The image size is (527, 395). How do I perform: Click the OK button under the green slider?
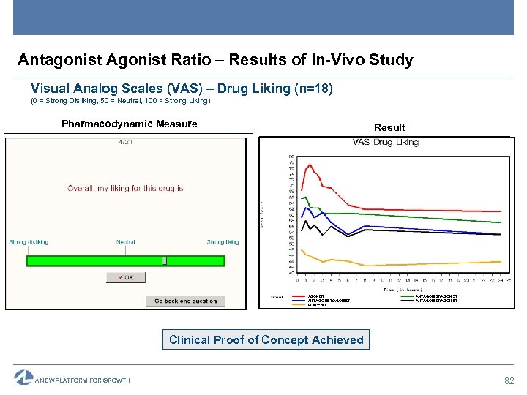pyautogui.click(x=125, y=277)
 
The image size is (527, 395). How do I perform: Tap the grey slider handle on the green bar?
pyautogui.click(x=165, y=260)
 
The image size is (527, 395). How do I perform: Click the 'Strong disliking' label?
pyautogui.click(x=29, y=242)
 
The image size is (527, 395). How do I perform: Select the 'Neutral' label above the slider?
pyautogui.click(x=125, y=242)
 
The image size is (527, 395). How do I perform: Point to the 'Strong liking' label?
pyautogui.click(x=223, y=242)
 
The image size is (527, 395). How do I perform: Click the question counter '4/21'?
pyautogui.click(x=125, y=142)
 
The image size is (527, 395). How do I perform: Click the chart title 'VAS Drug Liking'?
pyautogui.click(x=386, y=143)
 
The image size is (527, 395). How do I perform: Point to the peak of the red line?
pyautogui.click(x=310, y=164)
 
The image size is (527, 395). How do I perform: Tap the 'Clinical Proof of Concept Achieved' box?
pyautogui.click(x=266, y=340)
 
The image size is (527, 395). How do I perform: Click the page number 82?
pyautogui.click(x=509, y=381)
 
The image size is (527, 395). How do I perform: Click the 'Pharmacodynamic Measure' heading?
pyautogui.click(x=129, y=124)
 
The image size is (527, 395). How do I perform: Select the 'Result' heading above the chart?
pyautogui.click(x=389, y=127)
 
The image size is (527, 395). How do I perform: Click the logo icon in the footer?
pyautogui.click(x=23, y=378)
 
